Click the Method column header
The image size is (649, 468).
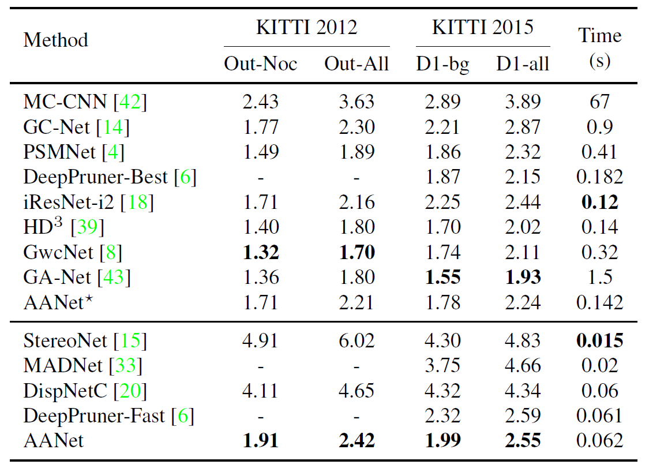pyautogui.click(x=55, y=40)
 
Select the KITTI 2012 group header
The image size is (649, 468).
pyautogui.click(x=306, y=27)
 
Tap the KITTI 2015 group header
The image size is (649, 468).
pyautogui.click(x=483, y=27)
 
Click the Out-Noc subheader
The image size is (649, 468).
pyautogui.click(x=260, y=63)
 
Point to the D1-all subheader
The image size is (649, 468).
pyautogui.click(x=523, y=63)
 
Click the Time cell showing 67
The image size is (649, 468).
pyautogui.click(x=599, y=102)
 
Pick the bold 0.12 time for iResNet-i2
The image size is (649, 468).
pyautogui.click(x=599, y=203)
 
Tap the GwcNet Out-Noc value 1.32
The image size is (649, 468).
pyautogui.click(x=261, y=253)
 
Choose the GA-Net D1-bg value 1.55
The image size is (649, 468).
pyautogui.click(x=442, y=278)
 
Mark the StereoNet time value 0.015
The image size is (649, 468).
pyautogui.click(x=599, y=340)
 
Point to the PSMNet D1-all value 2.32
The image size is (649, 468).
pyautogui.click(x=523, y=152)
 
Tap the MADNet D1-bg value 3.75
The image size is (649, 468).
pyautogui.click(x=442, y=366)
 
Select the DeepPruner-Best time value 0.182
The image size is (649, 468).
pyautogui.click(x=599, y=178)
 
